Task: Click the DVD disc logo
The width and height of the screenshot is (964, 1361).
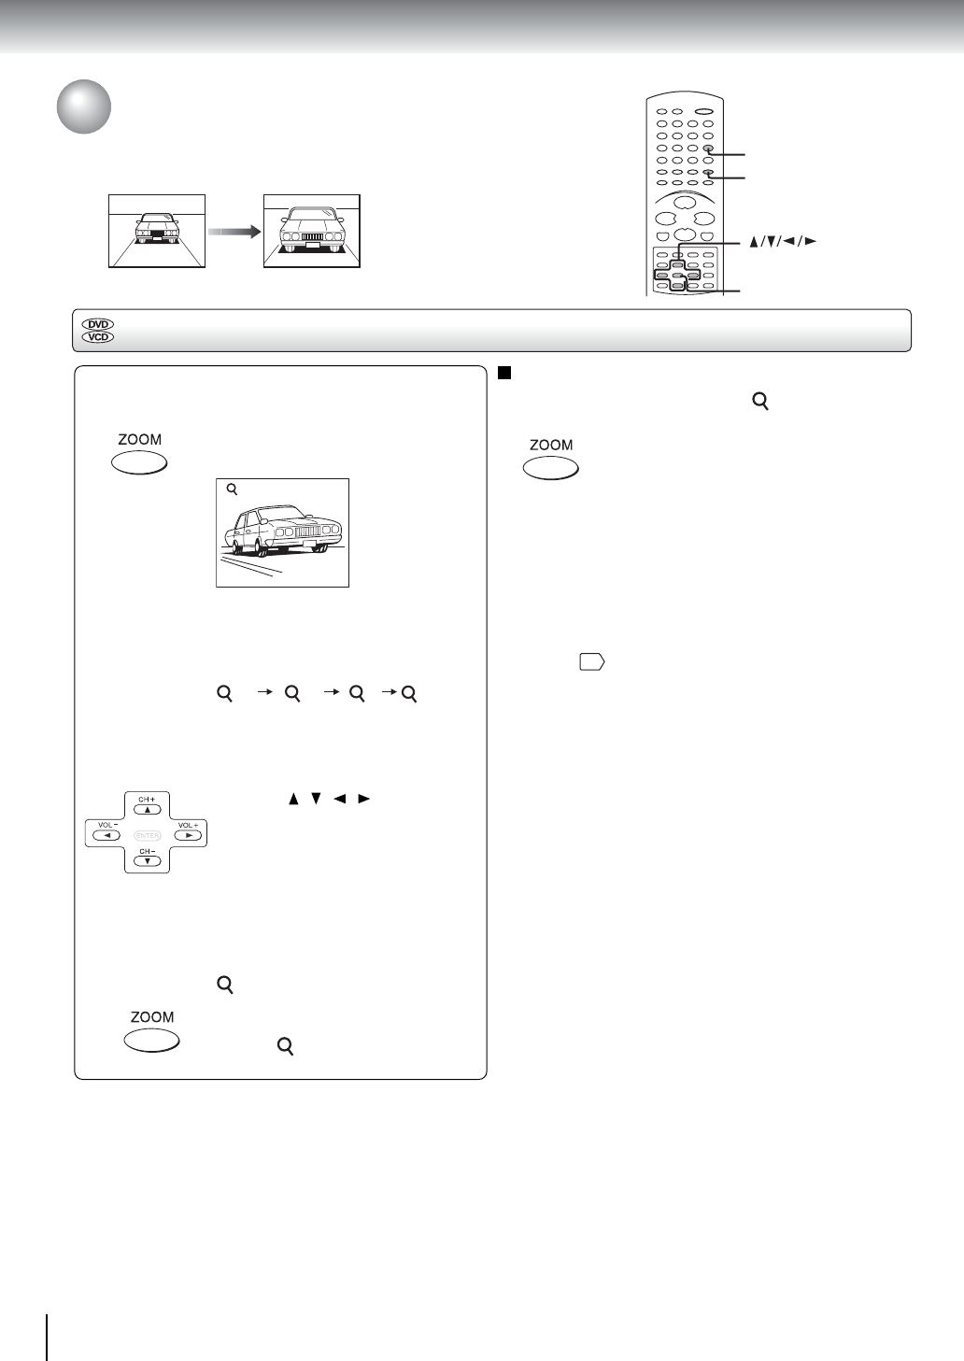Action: [98, 324]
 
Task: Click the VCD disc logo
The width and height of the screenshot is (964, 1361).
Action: [98, 336]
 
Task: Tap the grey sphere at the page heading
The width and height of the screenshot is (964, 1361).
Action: [83, 107]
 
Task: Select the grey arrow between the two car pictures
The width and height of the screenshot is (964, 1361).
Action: [234, 232]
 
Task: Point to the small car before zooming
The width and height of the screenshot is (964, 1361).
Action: [156, 230]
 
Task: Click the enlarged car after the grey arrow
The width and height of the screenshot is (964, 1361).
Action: [311, 230]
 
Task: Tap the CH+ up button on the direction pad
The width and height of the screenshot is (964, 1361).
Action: [148, 809]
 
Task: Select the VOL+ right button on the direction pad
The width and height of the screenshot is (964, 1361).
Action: [188, 834]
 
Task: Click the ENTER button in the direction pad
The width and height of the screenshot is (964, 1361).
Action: [148, 834]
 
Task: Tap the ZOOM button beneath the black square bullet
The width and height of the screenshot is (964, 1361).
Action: [550, 468]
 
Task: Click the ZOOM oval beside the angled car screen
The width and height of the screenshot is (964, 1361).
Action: [139, 461]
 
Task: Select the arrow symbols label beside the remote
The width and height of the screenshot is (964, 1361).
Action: [783, 241]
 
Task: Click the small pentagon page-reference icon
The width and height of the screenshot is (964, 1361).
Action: [591, 662]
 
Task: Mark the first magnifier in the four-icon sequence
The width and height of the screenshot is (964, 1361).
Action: [224, 694]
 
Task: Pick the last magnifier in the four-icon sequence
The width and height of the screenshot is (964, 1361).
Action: [407, 694]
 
